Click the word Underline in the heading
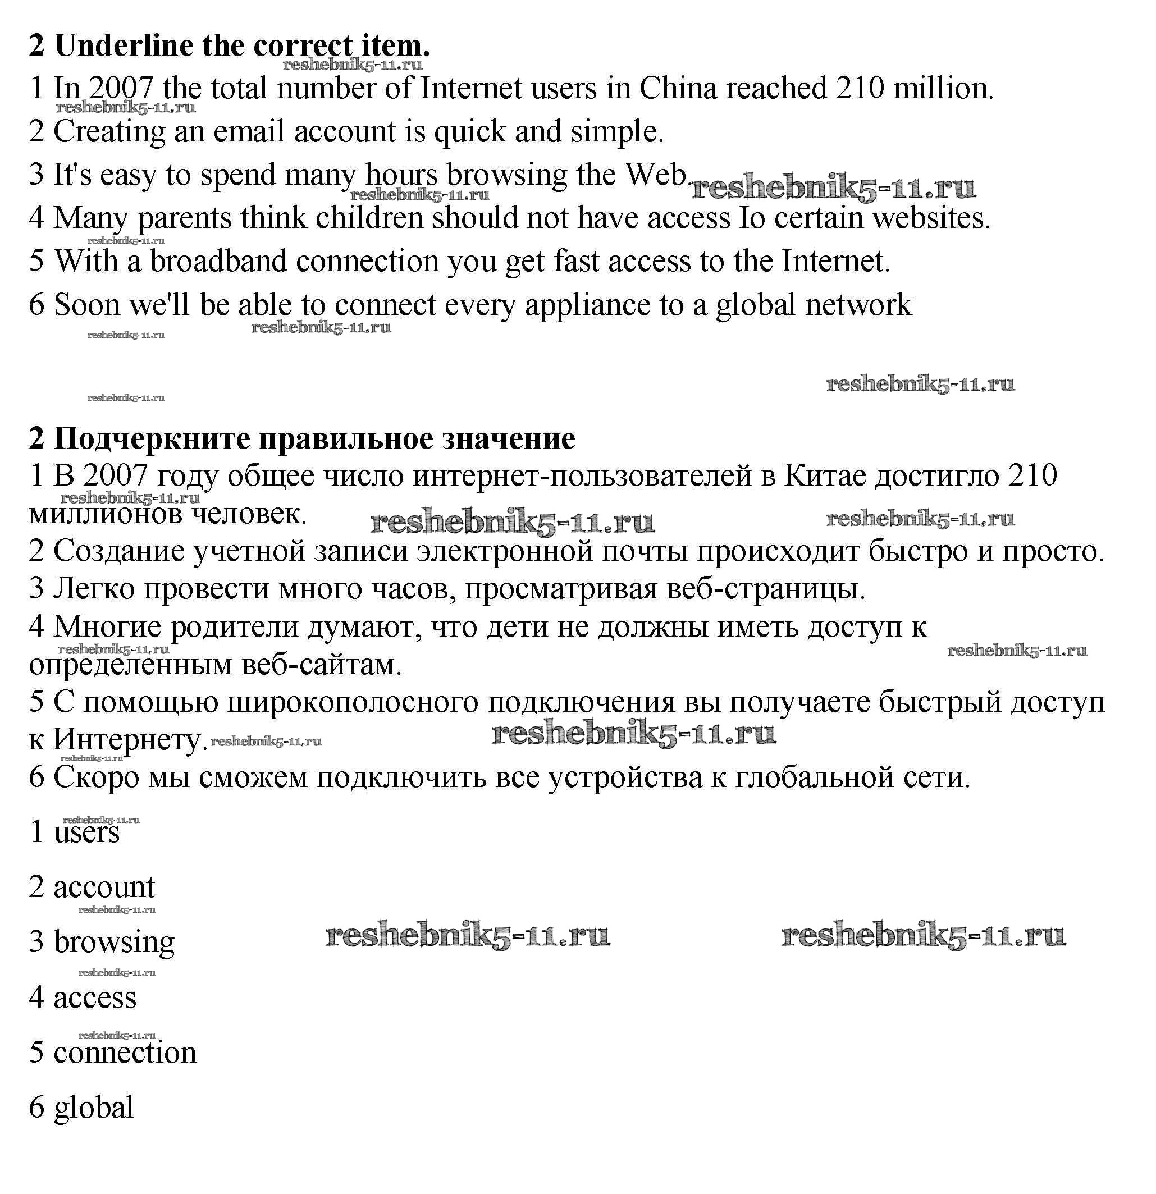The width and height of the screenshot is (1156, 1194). point(123,45)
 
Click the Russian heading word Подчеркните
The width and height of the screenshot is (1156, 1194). point(152,438)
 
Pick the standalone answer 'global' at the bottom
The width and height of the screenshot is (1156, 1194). point(93,1107)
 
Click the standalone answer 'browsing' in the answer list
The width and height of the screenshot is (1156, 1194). point(114,942)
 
